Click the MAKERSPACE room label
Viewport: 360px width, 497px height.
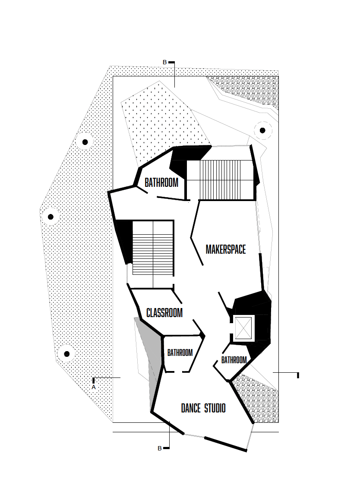[x=225, y=249]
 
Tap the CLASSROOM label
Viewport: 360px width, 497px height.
[x=164, y=312]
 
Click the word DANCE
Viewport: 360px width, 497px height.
[x=191, y=408]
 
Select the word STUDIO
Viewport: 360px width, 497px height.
[x=215, y=408]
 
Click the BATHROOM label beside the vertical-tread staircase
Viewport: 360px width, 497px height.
[x=161, y=182]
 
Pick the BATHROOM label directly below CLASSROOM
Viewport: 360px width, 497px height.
[x=180, y=353]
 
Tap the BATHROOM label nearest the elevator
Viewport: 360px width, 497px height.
[x=234, y=360]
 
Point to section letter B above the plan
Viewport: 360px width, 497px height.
[x=164, y=63]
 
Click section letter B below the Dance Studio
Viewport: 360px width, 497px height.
[x=159, y=448]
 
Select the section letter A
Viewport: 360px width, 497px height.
[x=93, y=387]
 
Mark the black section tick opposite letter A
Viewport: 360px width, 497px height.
[x=298, y=374]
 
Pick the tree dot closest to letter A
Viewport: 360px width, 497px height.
[x=66, y=354]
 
